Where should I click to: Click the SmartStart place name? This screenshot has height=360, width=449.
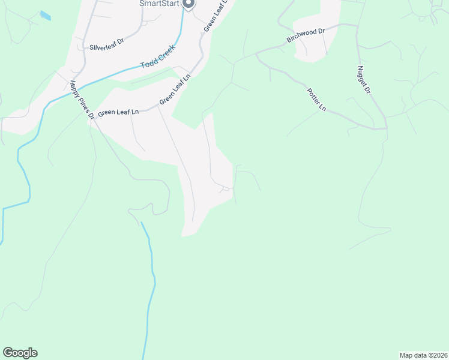coord(160,3)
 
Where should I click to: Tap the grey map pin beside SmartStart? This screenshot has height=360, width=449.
coord(188,4)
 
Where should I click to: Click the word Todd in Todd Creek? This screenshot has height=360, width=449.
coord(148,62)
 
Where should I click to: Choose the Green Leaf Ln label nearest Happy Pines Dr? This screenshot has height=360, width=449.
coord(118,112)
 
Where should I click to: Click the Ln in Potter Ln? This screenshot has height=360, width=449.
coord(322,108)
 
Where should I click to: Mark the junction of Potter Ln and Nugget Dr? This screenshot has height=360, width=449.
coord(385,128)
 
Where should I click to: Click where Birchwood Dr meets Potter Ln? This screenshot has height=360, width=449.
coord(256,53)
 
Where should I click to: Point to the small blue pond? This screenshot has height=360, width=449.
coord(45,15)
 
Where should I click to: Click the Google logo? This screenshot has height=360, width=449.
coord(20,353)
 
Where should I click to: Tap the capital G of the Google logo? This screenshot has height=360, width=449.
coord(7,353)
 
